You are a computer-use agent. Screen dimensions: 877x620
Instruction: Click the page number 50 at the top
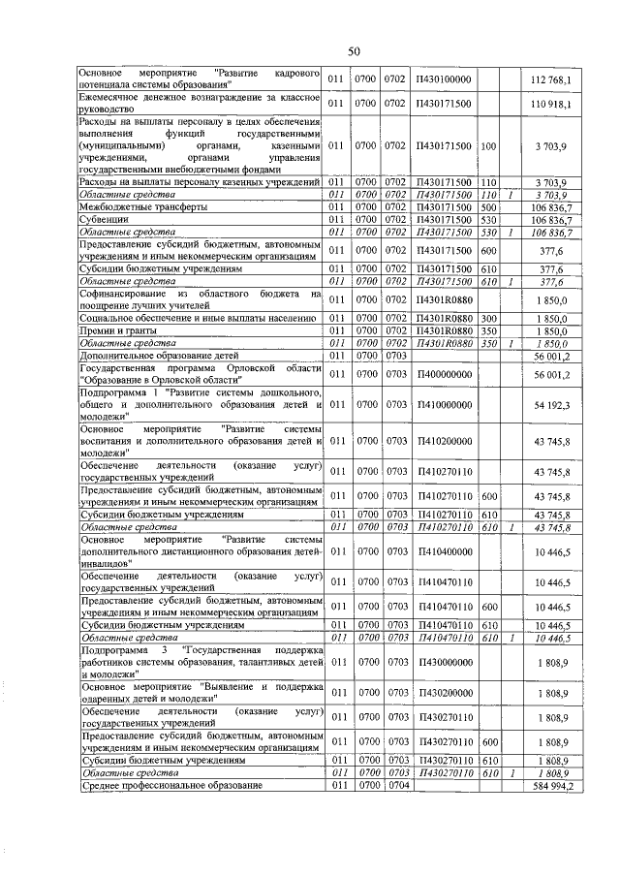pos(354,50)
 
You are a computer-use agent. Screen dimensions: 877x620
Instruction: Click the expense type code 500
pos(488,207)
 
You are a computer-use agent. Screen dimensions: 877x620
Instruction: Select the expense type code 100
pos(488,146)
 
